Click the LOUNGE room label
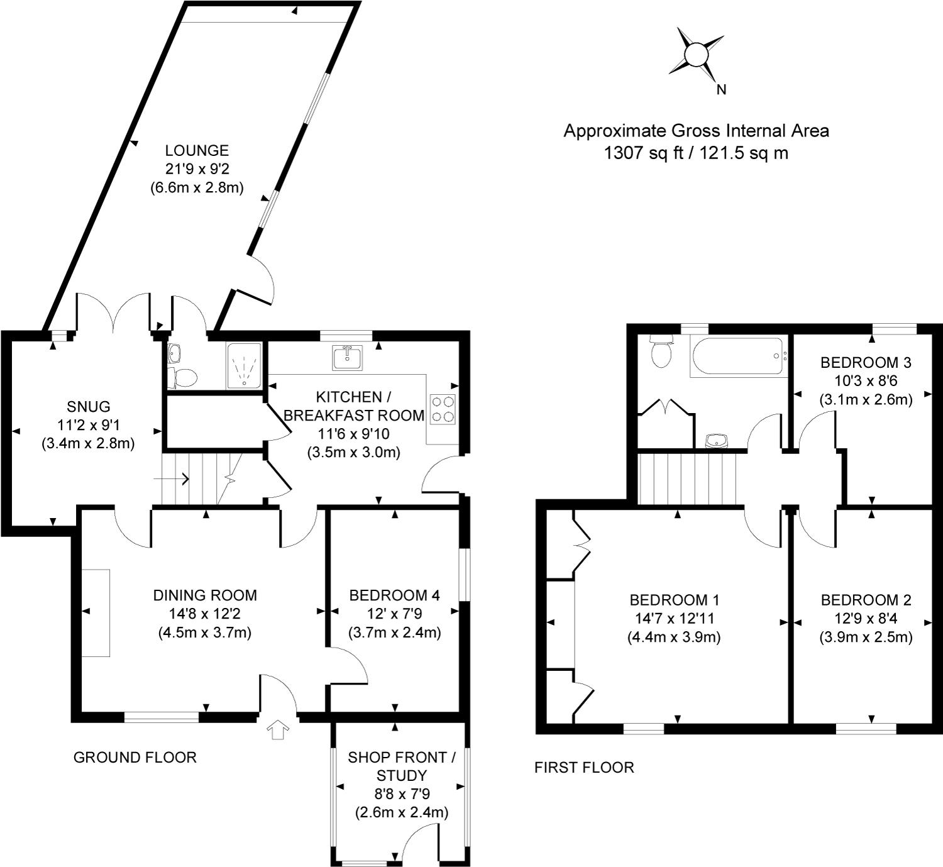click(196, 151)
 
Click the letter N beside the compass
click(722, 90)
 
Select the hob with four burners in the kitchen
click(443, 409)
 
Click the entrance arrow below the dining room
click(278, 730)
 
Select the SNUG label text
click(88, 406)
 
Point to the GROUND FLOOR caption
click(135, 758)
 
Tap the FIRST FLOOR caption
click(584, 768)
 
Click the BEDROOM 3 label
click(866, 363)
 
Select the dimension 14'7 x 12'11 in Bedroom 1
click(673, 619)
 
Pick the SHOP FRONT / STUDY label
click(402, 766)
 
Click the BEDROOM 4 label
click(394, 595)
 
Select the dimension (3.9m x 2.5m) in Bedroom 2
click(866, 638)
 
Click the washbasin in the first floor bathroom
click(716, 441)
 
